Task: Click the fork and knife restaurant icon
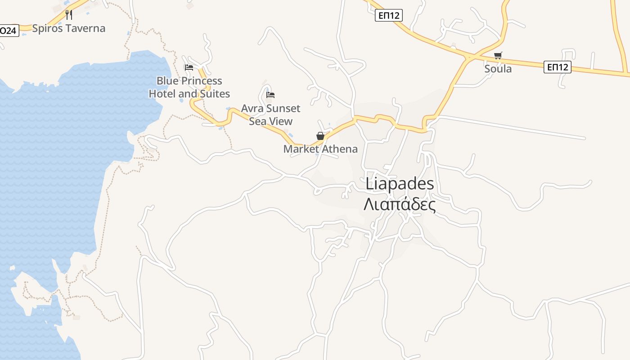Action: click(69, 15)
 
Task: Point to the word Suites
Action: click(215, 94)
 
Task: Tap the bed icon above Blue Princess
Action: click(189, 67)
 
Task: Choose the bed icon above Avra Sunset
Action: click(270, 95)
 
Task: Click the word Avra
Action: click(252, 108)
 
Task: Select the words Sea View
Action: click(271, 121)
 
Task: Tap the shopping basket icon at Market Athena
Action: click(320, 136)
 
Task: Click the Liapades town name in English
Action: click(400, 184)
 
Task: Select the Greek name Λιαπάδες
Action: click(400, 205)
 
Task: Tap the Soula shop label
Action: click(498, 69)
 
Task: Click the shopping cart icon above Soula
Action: click(498, 56)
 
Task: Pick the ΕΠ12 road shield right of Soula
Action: click(557, 67)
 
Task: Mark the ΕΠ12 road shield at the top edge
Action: click(388, 15)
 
